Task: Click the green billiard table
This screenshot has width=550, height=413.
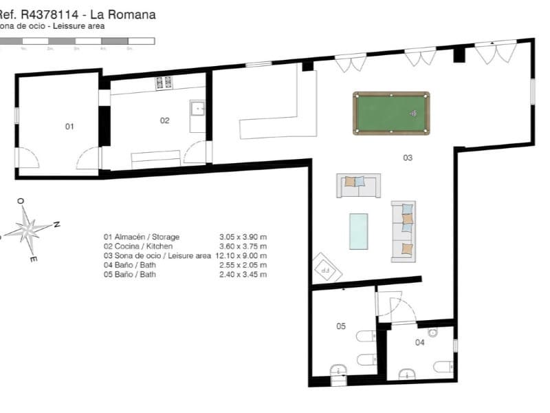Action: click(391, 113)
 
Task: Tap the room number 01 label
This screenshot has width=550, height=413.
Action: click(69, 127)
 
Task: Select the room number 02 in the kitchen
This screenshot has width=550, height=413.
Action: click(165, 120)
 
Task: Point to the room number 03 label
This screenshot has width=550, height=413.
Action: click(408, 158)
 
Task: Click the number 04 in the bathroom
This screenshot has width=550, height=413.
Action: click(419, 341)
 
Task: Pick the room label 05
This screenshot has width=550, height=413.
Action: click(340, 326)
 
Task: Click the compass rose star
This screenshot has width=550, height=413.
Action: click(27, 228)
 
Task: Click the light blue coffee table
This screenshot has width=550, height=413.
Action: click(358, 231)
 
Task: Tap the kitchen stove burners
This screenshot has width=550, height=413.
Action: click(164, 83)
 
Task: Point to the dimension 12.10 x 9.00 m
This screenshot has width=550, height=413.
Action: click(240, 255)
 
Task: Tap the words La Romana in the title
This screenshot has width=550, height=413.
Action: click(129, 14)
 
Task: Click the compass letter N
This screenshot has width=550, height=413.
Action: click(58, 224)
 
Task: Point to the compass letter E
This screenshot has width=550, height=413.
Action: click(33, 260)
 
